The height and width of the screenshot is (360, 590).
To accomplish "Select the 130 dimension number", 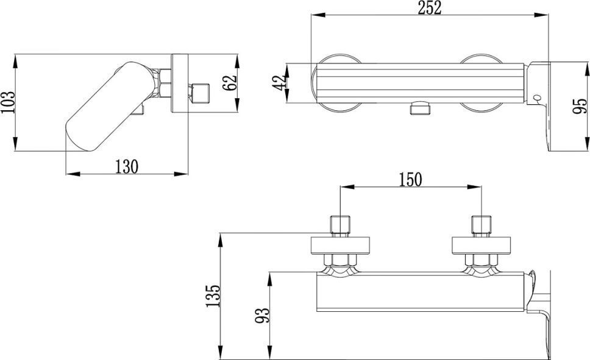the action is coord(126,167).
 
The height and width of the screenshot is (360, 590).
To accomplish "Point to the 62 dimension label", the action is coord(230,83).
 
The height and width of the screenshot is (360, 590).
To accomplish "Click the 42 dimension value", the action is coord(279,83).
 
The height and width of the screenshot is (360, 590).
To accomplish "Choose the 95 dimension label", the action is coord(580,106).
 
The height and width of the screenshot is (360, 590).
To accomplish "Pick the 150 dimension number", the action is coord(410,180).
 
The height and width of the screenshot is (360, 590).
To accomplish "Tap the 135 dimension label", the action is coord(213,295).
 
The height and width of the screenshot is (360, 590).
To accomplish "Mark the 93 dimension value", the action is coord(263,316).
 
